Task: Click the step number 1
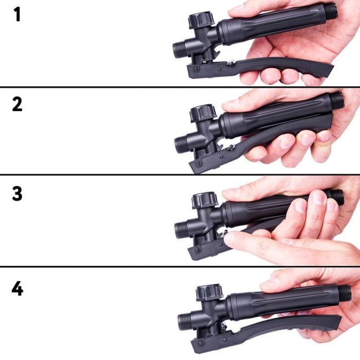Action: [x=17, y=14]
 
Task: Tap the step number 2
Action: [x=17, y=104]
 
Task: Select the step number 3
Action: [x=17, y=194]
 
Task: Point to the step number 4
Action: [x=17, y=289]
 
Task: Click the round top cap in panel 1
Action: [x=202, y=21]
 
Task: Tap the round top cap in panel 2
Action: [x=203, y=113]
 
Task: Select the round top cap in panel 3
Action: [x=205, y=201]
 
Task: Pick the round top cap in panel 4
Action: [x=210, y=292]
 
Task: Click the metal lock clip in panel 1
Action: [x=230, y=63]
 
